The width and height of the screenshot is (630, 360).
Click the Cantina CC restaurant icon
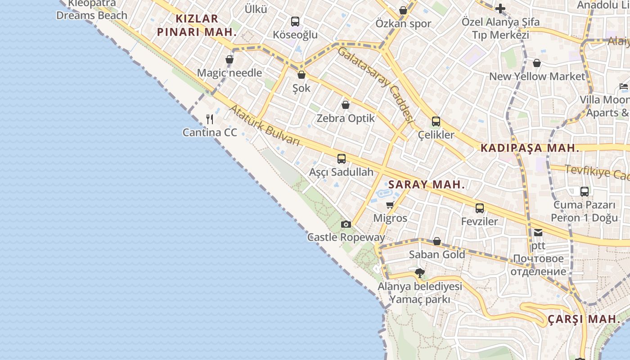coord(209,119)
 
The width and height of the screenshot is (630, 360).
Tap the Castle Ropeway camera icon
coord(346,224)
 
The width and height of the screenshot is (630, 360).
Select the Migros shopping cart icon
coord(390,205)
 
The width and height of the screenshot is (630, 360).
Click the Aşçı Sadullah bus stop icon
coord(342,159)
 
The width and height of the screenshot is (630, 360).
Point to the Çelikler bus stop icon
coord(436,121)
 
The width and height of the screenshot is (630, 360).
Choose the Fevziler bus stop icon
coord(480,208)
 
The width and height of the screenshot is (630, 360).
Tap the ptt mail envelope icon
coord(538,233)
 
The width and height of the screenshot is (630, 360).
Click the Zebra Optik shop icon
coord(346,105)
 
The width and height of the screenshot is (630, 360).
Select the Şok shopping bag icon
coord(301,75)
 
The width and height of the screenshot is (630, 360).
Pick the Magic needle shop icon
coord(229,59)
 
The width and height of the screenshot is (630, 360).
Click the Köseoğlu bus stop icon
coord(295,21)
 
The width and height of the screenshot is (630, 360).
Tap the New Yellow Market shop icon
coord(536,63)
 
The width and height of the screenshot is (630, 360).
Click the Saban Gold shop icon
coord(436,242)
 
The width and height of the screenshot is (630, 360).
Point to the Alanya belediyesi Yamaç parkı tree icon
coord(419,273)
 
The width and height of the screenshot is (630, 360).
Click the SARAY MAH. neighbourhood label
coord(426,184)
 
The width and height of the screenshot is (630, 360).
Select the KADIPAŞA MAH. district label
coord(530,148)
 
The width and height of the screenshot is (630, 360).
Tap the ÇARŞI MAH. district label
coord(584,319)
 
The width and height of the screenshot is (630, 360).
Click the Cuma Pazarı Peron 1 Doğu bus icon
coord(584,192)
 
